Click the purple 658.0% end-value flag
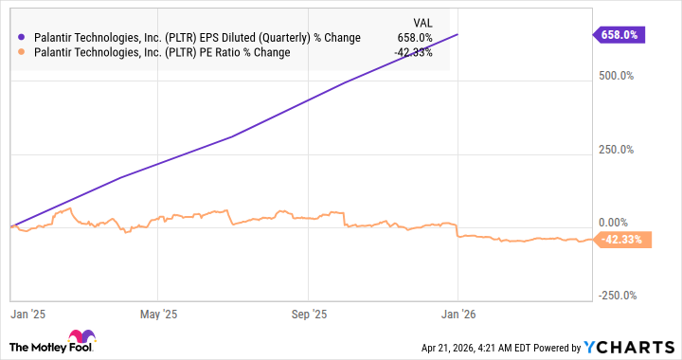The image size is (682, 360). (620, 34)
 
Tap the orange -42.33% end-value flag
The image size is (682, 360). (620, 240)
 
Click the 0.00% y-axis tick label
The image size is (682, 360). (621, 221)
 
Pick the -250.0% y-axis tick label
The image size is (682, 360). (621, 295)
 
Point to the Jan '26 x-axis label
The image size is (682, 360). (458, 312)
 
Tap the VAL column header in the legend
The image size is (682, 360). (422, 22)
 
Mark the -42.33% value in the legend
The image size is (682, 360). (413, 52)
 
